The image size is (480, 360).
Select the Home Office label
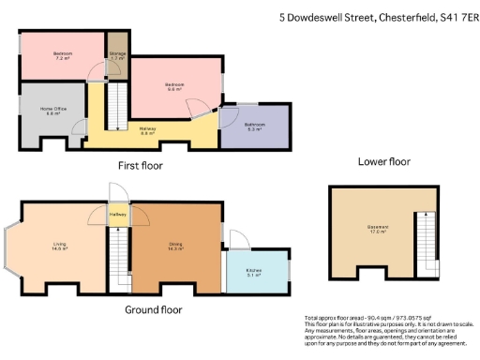point(52,112)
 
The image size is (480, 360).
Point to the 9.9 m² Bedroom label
point(175,87)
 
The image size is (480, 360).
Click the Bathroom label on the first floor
point(254,127)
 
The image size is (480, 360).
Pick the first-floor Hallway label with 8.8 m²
point(147,131)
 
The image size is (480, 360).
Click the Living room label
point(58,247)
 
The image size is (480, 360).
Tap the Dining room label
point(175,247)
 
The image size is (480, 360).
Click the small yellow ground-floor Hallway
point(117,215)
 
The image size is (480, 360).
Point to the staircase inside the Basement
point(426,238)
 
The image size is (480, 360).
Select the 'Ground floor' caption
point(153,308)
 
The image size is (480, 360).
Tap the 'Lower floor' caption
point(384,161)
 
